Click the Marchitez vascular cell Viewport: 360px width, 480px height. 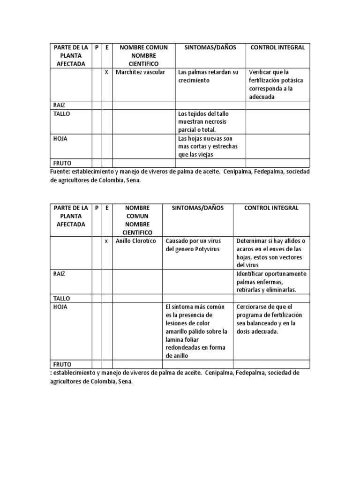(140, 72)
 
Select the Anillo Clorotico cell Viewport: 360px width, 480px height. (135, 241)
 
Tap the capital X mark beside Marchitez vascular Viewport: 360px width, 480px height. (106, 72)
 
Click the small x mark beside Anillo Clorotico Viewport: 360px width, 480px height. (106, 241)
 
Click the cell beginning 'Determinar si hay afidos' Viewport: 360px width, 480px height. (270, 253)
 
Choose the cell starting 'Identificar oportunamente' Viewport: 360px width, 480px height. (271, 282)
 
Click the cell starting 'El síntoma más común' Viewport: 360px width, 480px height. (196, 331)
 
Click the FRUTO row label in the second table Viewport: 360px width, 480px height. (62, 364)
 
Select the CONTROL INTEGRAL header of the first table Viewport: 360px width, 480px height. (277, 47)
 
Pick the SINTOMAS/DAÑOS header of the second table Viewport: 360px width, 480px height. (197, 208)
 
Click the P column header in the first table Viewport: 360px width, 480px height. (97, 47)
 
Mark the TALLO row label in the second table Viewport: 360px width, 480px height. (61, 298)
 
